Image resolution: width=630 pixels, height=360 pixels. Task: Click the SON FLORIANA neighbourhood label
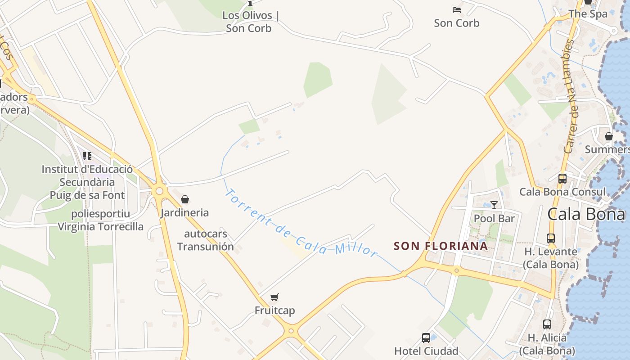click(441, 246)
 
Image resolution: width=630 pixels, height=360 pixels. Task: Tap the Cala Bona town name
click(586, 214)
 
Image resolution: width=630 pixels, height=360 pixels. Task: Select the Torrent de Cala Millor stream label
click(300, 224)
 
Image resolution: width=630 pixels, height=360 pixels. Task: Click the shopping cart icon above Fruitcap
click(274, 297)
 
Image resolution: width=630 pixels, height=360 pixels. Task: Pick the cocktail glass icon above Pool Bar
click(494, 205)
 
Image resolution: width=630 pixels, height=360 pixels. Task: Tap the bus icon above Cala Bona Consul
click(562, 178)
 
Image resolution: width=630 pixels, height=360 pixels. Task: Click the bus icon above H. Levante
click(551, 238)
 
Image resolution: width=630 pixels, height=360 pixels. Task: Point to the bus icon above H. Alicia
click(547, 324)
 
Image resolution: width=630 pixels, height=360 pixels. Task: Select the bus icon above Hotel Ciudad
click(426, 337)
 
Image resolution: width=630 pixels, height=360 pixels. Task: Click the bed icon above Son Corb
click(457, 9)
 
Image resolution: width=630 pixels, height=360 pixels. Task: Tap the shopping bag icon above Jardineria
click(184, 199)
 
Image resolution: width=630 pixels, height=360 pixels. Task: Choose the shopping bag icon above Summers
click(609, 136)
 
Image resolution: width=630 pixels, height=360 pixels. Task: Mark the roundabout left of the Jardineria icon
click(159, 191)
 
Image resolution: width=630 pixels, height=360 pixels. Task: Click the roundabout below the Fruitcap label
click(291, 332)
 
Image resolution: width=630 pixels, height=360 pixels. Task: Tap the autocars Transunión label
click(206, 240)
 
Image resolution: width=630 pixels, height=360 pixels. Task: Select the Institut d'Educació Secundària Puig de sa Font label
click(87, 182)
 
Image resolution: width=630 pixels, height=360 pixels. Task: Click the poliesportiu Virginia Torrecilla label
click(100, 220)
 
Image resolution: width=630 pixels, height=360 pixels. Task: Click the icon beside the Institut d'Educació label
click(87, 156)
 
